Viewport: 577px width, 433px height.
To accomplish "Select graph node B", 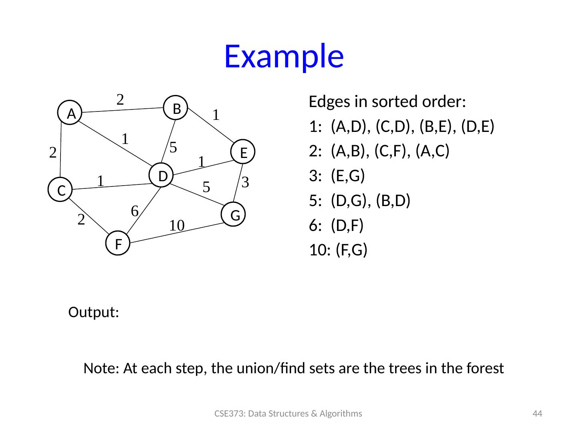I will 178,108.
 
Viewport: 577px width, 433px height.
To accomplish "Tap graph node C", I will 61,190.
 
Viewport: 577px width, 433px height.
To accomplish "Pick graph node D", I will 162,176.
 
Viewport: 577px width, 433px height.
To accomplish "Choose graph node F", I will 118,243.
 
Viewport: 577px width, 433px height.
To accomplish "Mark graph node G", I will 235,215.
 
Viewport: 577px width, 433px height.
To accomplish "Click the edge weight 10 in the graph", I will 176,225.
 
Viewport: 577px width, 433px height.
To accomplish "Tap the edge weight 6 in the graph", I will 135,210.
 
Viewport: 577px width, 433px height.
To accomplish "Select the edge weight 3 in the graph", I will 246,182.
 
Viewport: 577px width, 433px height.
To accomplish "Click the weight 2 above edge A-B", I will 120,99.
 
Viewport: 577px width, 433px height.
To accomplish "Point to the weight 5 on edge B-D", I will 174,147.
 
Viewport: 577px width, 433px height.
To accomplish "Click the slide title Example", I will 284,56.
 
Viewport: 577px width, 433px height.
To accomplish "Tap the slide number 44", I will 537,414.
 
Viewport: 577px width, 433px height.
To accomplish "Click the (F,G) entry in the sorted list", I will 351,250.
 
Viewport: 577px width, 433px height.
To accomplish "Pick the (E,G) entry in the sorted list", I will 348,176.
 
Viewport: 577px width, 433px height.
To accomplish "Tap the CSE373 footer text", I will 288,414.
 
